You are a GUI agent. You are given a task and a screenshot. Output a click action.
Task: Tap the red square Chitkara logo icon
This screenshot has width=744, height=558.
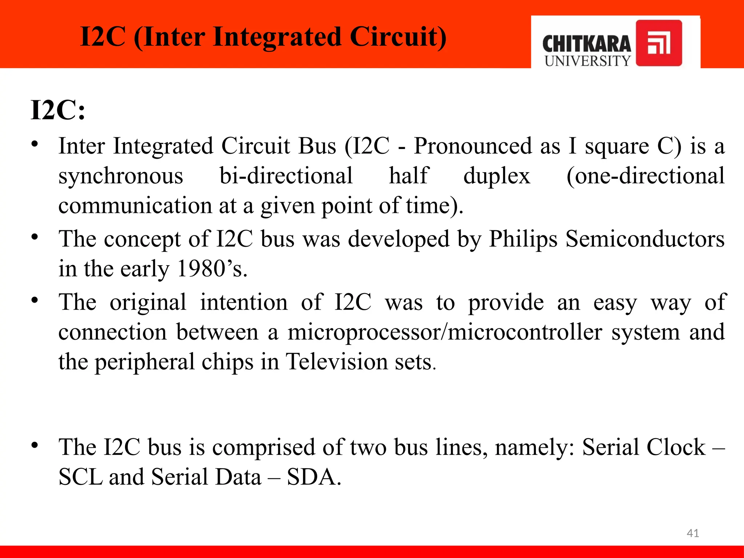659,43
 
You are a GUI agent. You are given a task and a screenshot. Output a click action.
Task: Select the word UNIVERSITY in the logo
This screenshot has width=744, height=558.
587,61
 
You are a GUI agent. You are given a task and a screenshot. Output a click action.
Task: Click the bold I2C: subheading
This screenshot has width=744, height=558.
58,110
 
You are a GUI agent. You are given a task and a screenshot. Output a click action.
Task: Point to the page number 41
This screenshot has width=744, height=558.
693,533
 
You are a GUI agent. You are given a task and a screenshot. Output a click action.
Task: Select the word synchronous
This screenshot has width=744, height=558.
121,176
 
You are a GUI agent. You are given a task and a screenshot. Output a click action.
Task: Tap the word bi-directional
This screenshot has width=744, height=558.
286,176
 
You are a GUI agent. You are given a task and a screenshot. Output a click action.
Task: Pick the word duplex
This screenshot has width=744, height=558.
497,176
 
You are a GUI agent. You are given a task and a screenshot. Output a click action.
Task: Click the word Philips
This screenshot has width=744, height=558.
523,239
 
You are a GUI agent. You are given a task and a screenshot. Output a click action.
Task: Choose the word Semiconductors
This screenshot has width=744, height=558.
645,239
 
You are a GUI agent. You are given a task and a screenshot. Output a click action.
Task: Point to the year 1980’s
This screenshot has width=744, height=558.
212,269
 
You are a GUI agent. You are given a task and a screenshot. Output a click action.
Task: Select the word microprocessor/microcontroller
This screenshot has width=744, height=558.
445,332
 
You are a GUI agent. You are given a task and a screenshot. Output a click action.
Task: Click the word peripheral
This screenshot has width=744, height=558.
145,363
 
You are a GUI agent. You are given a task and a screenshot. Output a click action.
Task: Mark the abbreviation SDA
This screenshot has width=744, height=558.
314,477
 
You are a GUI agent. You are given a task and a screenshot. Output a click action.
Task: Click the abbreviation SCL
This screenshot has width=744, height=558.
80,477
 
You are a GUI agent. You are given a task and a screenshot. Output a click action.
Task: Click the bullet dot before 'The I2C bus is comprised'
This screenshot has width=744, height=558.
35,445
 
